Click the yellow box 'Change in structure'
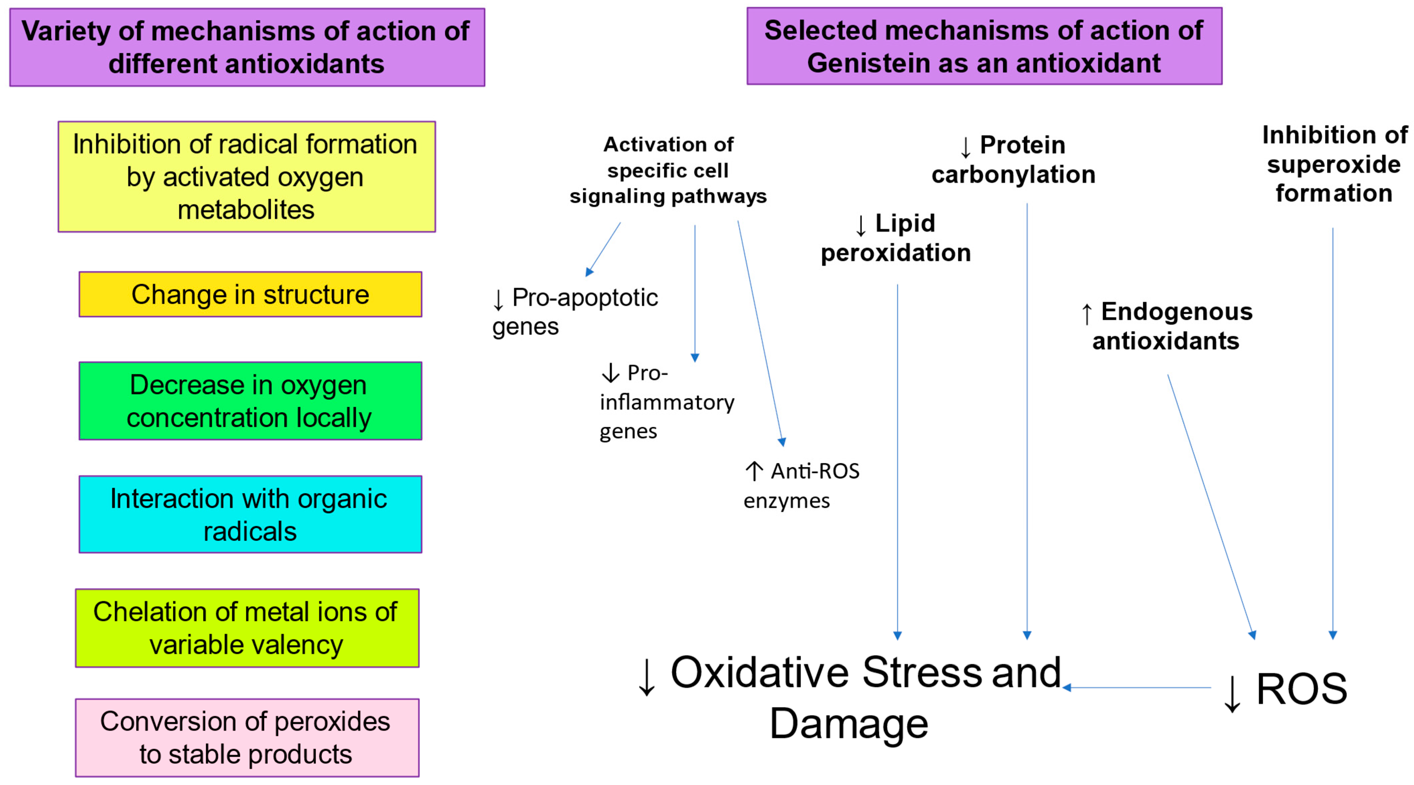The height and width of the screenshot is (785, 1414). (250, 294)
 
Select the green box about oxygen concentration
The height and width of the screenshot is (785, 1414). (250, 401)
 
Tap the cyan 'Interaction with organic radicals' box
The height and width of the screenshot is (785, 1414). (250, 515)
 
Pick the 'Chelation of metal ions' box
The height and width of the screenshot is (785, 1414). (247, 628)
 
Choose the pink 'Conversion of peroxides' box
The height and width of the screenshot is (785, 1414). (247, 738)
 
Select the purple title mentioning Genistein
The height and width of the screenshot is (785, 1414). (984, 47)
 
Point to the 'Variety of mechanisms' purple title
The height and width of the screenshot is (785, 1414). (247, 47)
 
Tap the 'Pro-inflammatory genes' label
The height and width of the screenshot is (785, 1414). (666, 402)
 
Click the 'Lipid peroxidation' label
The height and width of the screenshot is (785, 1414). (896, 238)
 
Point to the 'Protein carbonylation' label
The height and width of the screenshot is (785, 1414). (1013, 160)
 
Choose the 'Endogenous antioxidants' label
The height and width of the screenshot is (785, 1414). (1166, 326)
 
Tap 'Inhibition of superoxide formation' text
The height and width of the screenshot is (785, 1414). (1334, 164)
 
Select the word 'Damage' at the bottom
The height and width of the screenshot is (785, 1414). (849, 723)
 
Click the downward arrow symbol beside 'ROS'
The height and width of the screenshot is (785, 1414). (1232, 693)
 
